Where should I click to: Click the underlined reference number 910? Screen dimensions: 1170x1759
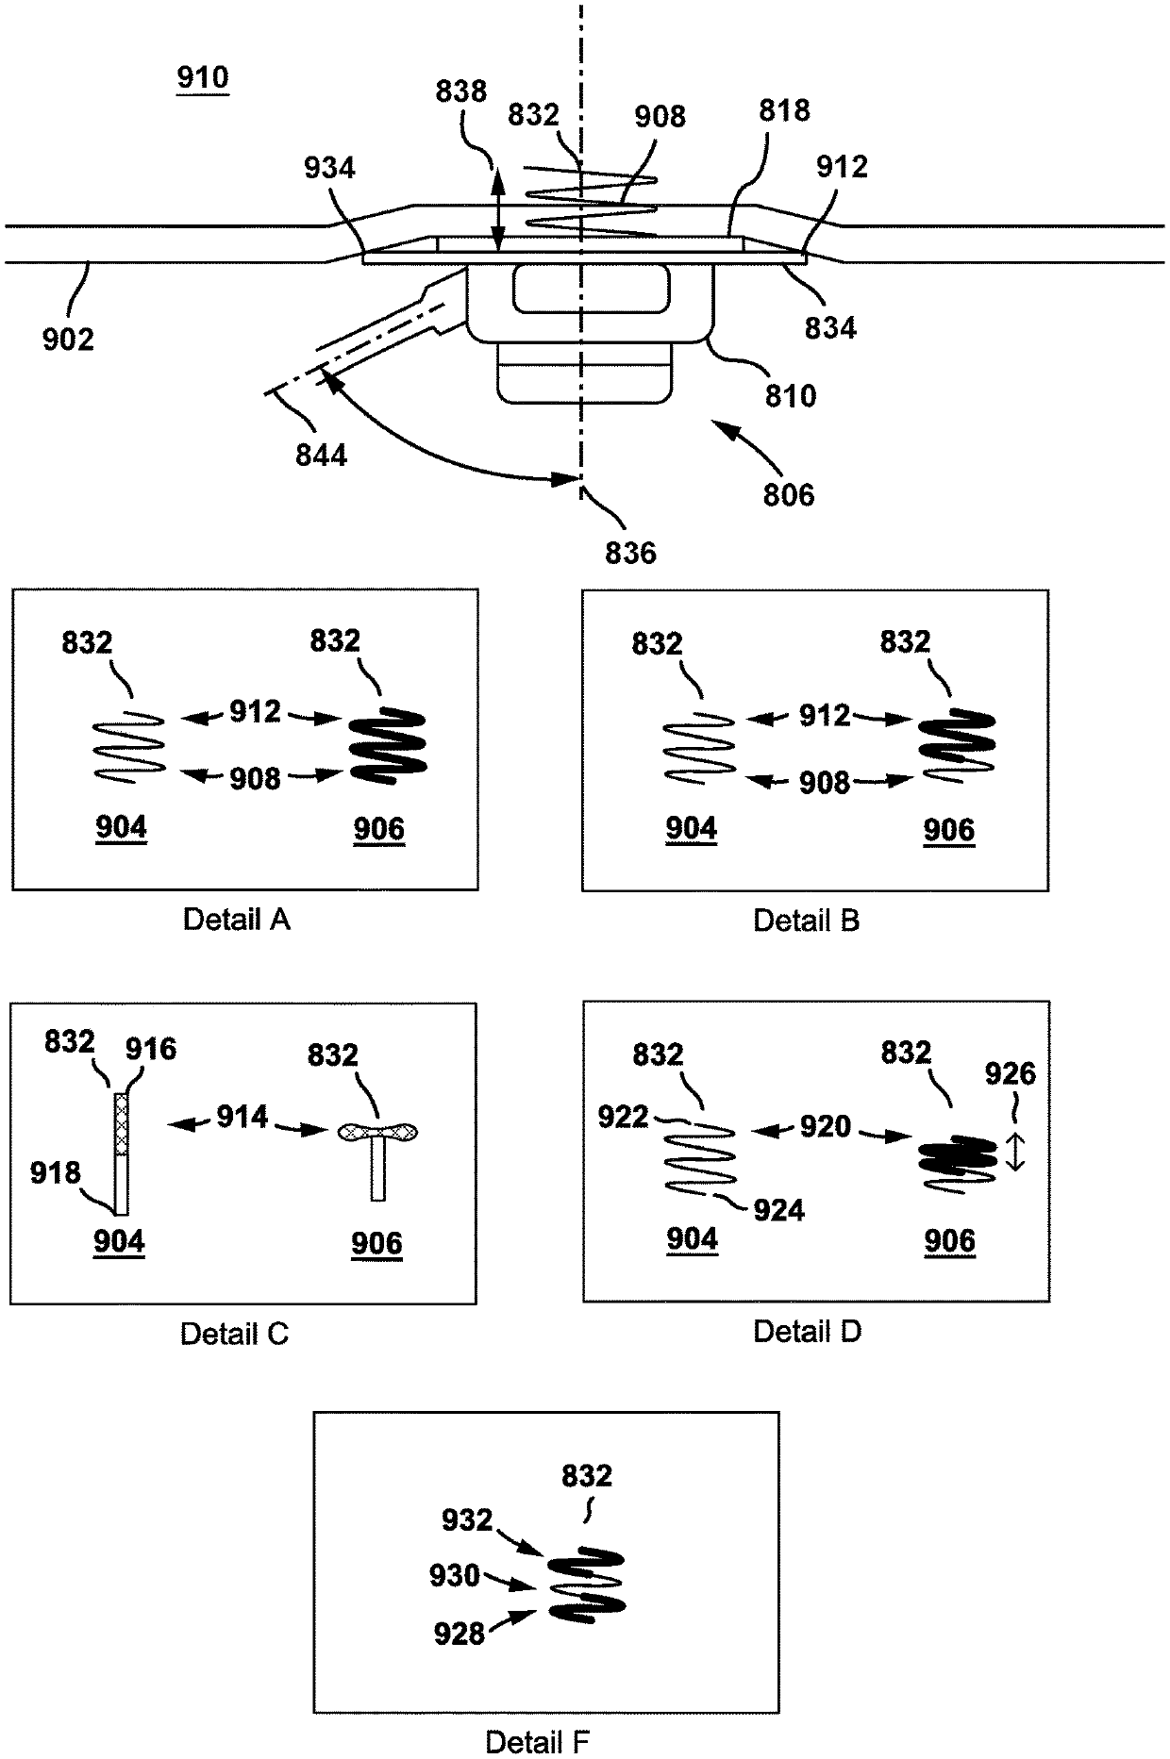(x=203, y=77)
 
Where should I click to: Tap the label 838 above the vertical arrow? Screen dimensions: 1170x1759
(x=461, y=91)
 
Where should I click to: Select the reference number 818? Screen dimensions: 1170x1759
(x=784, y=110)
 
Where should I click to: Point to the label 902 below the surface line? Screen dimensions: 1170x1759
(x=68, y=339)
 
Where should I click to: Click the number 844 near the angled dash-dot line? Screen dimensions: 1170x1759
(x=322, y=456)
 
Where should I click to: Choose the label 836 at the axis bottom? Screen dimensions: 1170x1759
(x=630, y=552)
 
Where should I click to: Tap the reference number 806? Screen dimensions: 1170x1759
(x=789, y=494)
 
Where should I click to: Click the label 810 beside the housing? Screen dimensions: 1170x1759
(x=791, y=395)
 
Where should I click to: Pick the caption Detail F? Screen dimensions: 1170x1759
(x=538, y=1741)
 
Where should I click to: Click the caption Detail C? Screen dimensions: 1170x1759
(x=235, y=1333)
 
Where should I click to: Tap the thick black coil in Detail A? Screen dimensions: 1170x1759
(x=389, y=744)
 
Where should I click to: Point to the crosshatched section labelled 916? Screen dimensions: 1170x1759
(x=121, y=1124)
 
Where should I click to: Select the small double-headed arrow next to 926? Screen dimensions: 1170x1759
(x=1014, y=1152)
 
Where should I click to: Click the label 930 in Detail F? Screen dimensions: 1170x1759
(x=456, y=1575)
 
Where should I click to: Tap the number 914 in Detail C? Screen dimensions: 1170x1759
(x=242, y=1117)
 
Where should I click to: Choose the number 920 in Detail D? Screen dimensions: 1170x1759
(x=826, y=1126)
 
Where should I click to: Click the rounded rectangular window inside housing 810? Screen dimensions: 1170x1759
(x=592, y=289)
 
